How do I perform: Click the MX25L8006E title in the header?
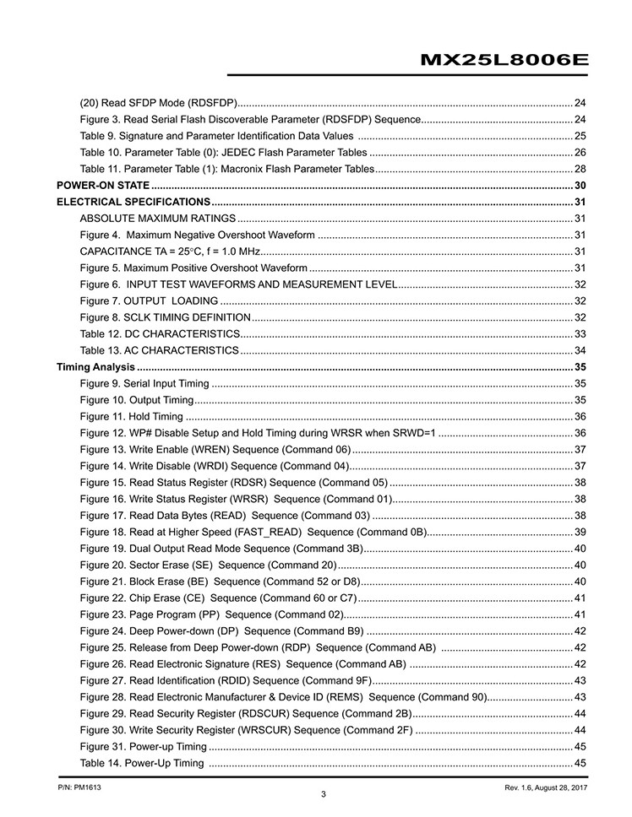tap(504, 60)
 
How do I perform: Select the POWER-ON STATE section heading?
tap(103, 186)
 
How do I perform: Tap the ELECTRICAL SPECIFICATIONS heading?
tap(133, 202)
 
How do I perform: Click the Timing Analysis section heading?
tap(95, 366)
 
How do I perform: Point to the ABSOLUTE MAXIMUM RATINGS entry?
tap(157, 219)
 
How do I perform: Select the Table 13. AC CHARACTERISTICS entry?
tap(159, 350)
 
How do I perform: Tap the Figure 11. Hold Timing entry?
tap(131, 416)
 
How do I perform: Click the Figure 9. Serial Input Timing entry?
tap(144, 383)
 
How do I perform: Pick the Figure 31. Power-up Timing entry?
tap(143, 747)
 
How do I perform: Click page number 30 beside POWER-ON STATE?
tap(580, 186)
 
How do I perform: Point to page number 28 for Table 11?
tap(580, 169)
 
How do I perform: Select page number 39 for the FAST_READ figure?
tap(580, 532)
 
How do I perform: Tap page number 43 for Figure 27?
tap(580, 680)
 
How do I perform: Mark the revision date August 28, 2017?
tap(556, 787)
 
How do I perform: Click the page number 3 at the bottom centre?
tap(324, 794)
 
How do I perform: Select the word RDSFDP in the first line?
tap(210, 103)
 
